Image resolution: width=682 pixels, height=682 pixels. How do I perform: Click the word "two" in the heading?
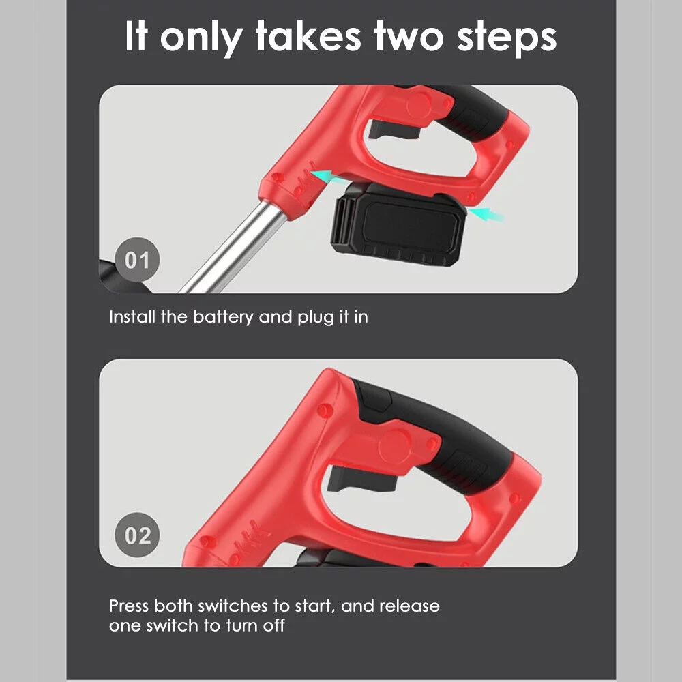[x=409, y=37]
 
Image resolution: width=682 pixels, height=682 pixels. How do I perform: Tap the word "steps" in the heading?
[x=507, y=39]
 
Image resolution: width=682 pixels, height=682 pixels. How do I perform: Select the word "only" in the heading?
[x=201, y=38]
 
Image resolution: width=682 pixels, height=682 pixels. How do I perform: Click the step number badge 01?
[x=137, y=260]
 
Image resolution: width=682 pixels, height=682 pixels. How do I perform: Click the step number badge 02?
[x=137, y=535]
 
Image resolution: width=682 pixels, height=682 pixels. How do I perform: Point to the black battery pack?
[x=398, y=224]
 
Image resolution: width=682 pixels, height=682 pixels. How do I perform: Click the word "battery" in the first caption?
[x=223, y=317]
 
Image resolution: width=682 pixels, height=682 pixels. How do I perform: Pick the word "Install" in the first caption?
[x=132, y=316]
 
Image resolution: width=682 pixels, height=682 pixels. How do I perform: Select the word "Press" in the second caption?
[x=129, y=606]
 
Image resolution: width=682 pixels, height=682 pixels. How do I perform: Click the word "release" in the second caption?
[x=409, y=606]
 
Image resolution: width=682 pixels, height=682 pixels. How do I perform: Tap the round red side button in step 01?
[x=419, y=105]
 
